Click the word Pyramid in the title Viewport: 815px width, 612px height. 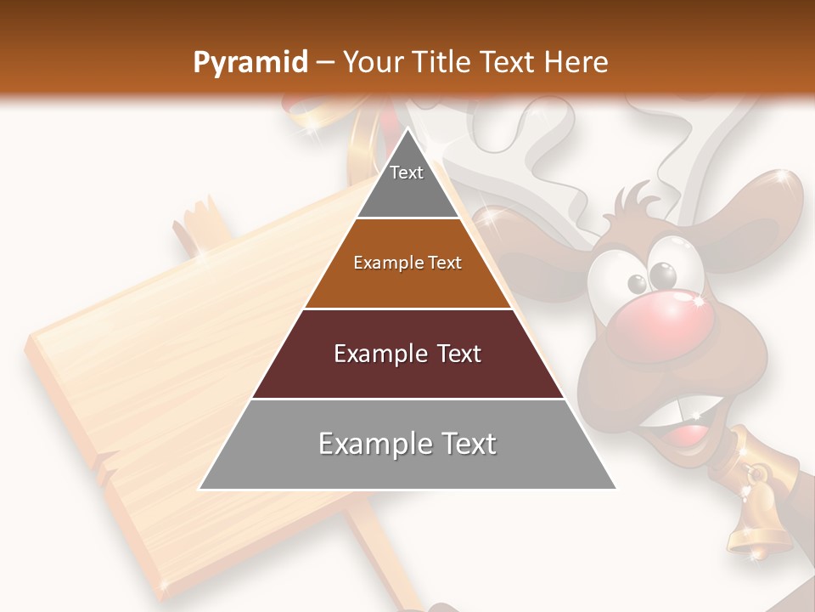250,63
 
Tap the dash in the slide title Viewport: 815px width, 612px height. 325,63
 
